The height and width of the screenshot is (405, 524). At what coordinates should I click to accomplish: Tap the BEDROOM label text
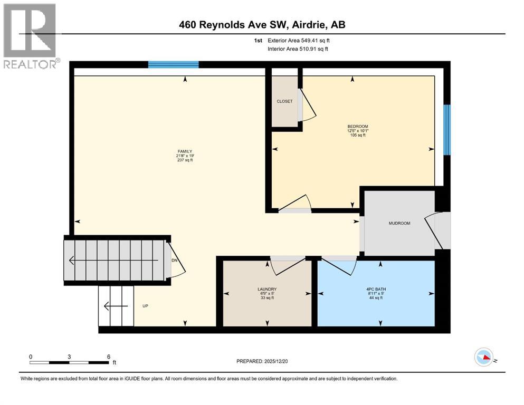357,126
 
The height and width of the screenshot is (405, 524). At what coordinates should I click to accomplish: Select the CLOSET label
284,101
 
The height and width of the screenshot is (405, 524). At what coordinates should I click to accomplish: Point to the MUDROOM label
399,223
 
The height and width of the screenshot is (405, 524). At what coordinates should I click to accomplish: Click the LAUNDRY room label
266,289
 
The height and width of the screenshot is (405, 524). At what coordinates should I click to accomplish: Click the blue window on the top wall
173,65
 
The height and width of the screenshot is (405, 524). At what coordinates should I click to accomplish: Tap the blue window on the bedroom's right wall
447,130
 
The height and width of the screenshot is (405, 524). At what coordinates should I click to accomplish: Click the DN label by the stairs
174,261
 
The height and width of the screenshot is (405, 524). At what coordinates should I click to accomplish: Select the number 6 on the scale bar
108,356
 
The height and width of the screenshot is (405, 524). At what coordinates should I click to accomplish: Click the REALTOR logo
30,36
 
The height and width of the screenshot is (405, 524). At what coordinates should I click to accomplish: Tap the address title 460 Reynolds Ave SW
262,24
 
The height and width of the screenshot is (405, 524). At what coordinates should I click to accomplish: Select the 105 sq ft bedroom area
357,135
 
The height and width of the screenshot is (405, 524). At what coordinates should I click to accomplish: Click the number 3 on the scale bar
69,356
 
